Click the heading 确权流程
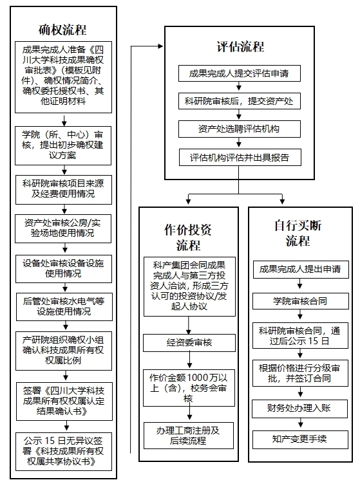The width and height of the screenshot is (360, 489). click(x=62, y=30)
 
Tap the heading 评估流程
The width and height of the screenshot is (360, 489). click(x=240, y=46)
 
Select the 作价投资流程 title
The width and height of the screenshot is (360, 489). click(x=188, y=237)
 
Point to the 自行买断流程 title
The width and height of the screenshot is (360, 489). click(x=298, y=234)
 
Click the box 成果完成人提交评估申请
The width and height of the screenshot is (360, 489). click(x=239, y=73)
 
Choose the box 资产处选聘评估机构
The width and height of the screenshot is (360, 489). click(x=239, y=129)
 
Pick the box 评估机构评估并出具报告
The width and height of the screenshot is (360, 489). click(x=240, y=158)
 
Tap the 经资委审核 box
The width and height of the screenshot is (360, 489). click(x=189, y=343)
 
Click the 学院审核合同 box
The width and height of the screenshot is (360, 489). click(x=300, y=301)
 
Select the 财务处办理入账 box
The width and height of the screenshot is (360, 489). click(x=299, y=409)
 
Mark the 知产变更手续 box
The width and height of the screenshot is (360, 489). click(x=300, y=439)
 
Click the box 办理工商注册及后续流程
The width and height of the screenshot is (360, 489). click(x=189, y=436)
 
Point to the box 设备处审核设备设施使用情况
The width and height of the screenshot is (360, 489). click(x=64, y=269)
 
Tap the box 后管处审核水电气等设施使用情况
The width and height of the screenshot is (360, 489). click(x=64, y=307)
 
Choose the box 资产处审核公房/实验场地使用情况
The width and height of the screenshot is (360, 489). click(x=63, y=228)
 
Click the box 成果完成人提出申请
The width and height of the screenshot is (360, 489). click(x=301, y=270)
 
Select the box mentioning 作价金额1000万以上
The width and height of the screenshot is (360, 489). click(x=189, y=388)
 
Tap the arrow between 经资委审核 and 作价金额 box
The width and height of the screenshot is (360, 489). click(x=189, y=360)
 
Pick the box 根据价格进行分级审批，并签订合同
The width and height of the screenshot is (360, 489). click(x=300, y=373)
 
